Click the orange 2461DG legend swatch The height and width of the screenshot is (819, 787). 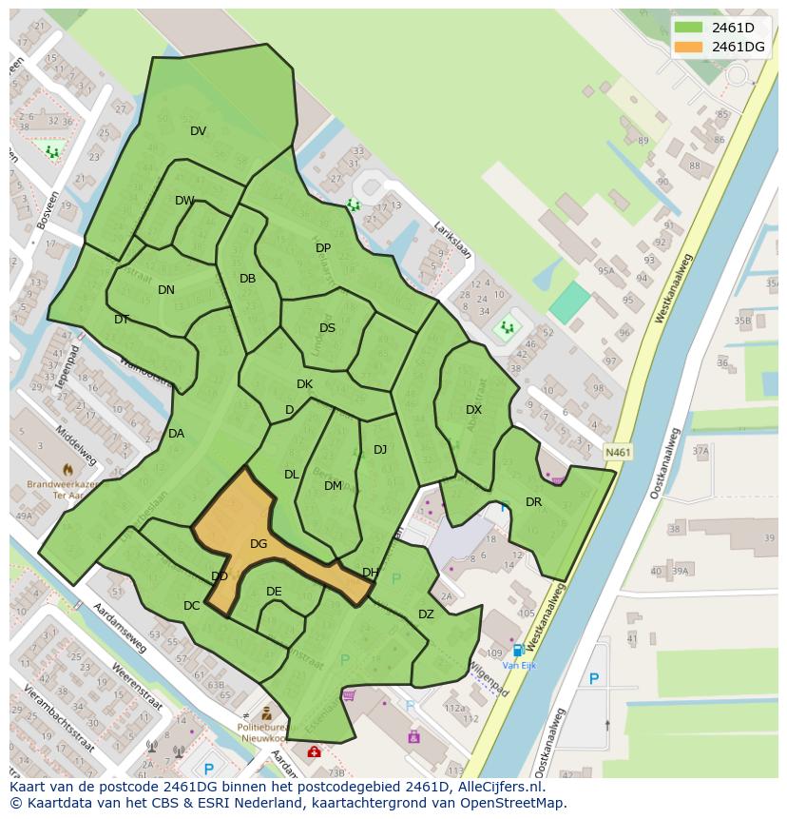(x=689, y=47)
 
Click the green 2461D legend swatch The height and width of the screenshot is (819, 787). (x=689, y=27)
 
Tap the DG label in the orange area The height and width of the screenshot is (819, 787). (x=259, y=544)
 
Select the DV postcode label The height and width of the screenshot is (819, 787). (x=198, y=131)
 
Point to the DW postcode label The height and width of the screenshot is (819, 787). (x=184, y=201)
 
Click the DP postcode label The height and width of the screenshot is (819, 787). (x=323, y=248)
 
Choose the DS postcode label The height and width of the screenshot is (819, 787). (x=327, y=328)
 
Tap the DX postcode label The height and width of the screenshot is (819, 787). (x=473, y=410)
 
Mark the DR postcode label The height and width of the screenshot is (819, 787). (x=533, y=502)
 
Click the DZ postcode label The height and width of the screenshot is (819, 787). (x=426, y=614)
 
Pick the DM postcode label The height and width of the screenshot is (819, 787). (x=333, y=486)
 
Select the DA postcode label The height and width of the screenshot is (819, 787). (x=176, y=434)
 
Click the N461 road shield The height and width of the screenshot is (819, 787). (x=618, y=453)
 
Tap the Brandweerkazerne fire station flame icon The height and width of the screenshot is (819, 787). (x=67, y=469)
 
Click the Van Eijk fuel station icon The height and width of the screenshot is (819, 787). (x=518, y=651)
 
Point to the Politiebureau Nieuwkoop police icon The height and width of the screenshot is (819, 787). (x=267, y=713)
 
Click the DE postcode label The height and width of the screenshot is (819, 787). (x=274, y=592)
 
